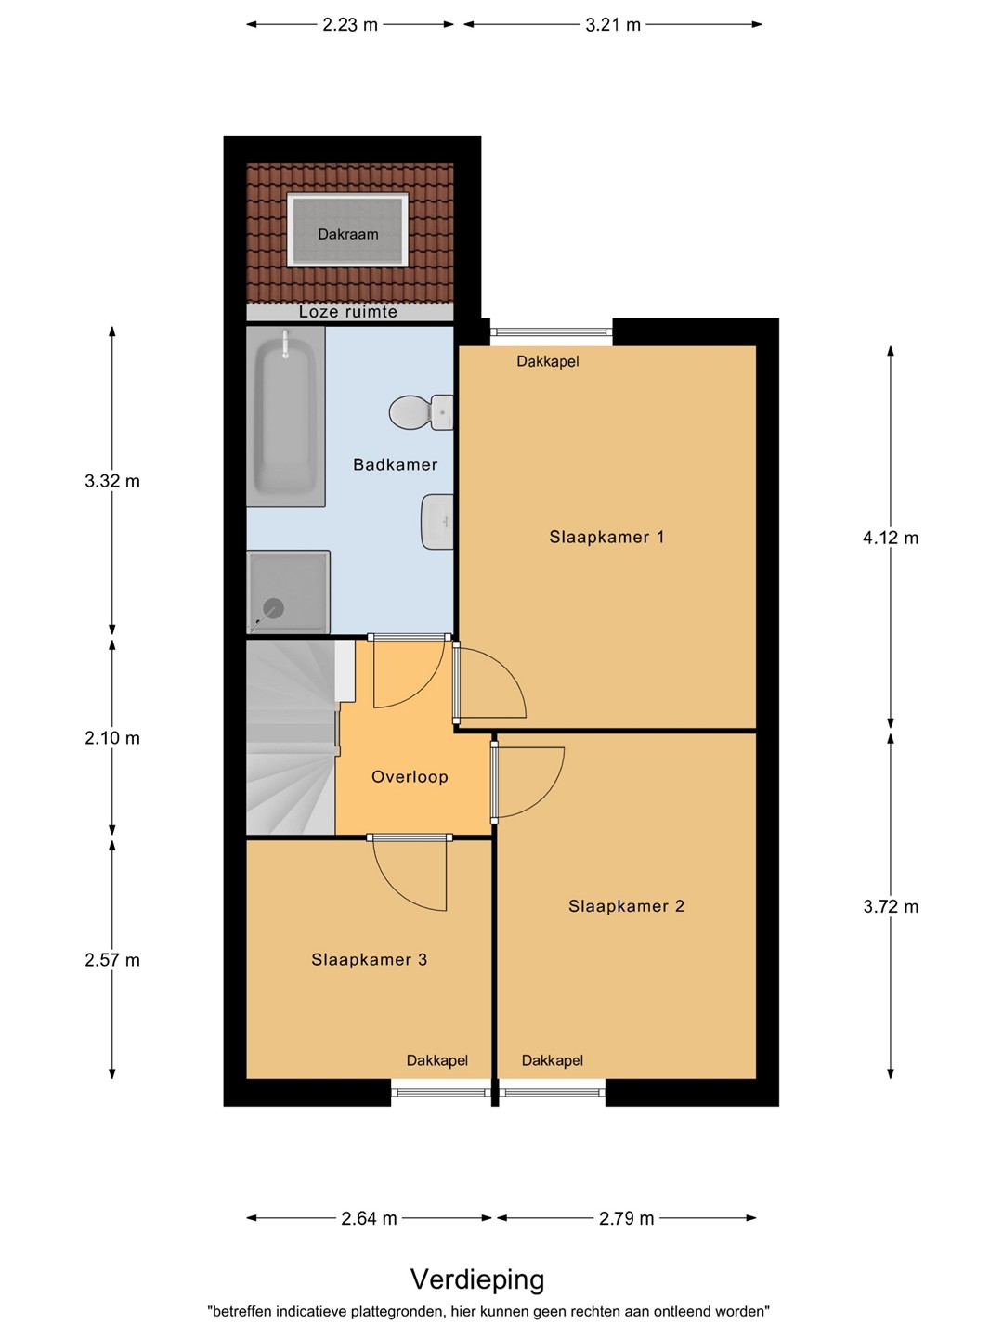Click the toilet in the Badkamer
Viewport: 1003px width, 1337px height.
(x=421, y=412)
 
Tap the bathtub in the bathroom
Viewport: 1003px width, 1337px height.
(x=285, y=417)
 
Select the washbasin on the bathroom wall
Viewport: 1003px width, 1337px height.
(x=437, y=522)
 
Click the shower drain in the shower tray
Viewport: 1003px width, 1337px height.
(x=273, y=608)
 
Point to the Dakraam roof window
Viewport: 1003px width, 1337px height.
(x=347, y=229)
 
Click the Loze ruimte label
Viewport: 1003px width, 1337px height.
(x=347, y=312)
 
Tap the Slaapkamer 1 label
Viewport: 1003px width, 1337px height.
(x=606, y=538)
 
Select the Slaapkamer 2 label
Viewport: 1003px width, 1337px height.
(x=627, y=906)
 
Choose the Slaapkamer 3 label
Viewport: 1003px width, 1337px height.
(x=369, y=959)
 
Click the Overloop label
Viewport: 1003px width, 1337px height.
(x=410, y=776)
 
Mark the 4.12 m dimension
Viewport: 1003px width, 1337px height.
(x=891, y=538)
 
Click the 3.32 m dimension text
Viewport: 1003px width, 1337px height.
(x=112, y=481)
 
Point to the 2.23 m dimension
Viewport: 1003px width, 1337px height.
(x=350, y=25)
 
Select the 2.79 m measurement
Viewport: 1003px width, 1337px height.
(x=627, y=1218)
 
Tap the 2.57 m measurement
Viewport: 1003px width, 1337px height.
(x=112, y=960)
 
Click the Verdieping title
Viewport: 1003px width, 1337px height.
(x=477, y=1279)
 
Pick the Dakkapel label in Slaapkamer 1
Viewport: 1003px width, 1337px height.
(x=548, y=361)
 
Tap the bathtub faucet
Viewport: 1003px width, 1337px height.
(x=285, y=344)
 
